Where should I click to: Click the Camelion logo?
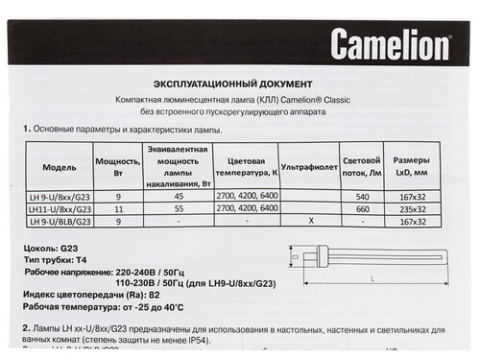tap(390, 43)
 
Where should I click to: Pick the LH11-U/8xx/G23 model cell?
tap(60, 207)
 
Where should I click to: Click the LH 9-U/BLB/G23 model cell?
tap(60, 221)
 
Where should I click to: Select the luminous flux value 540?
tap(362, 196)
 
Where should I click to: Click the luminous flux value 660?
tap(362, 208)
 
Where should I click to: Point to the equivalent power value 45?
tap(178, 196)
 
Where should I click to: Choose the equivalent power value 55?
tap(178, 208)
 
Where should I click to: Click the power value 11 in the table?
tap(117, 208)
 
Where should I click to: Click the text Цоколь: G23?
tap(47, 247)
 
